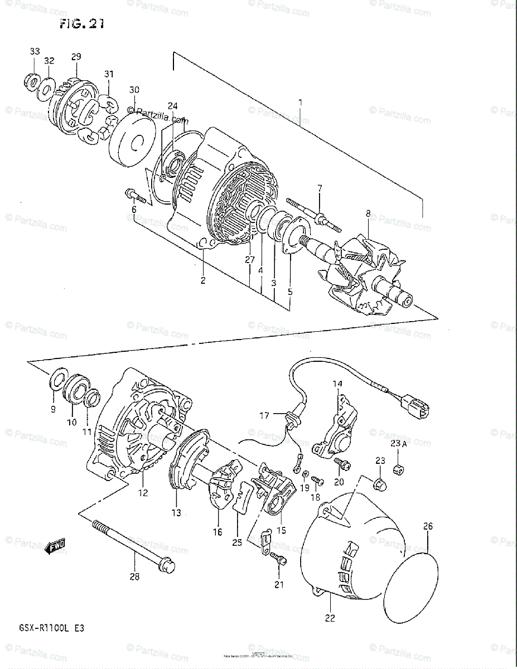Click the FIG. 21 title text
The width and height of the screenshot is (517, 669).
pos(81,23)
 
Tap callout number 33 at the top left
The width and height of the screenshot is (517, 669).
pos(35,51)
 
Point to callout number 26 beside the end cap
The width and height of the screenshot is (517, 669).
pos(427,525)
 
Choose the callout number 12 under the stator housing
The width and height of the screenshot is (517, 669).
pos(143,492)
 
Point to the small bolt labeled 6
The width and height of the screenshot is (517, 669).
pos(136,196)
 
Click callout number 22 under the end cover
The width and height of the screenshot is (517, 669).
pos(330,617)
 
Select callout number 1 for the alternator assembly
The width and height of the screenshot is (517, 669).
pos(300,103)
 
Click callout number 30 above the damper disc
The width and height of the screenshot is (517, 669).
pos(134,90)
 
